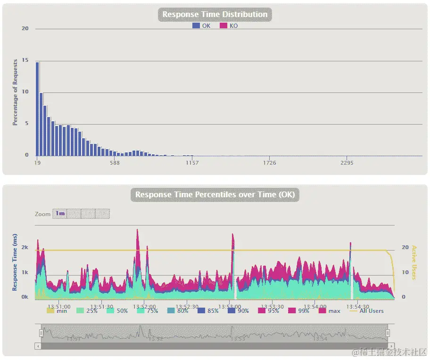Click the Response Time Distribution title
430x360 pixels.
(x=215, y=15)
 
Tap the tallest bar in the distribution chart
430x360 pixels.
(x=37, y=109)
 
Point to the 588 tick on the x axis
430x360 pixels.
(x=114, y=163)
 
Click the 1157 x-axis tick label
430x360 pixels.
(x=192, y=163)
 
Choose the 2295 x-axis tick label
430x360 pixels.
(x=347, y=163)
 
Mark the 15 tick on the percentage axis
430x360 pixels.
(x=25, y=60)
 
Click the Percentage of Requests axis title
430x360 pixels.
(x=15, y=92)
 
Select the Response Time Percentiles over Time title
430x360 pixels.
(x=215, y=195)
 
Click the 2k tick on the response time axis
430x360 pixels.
(x=25, y=247)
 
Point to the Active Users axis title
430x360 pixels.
(x=414, y=262)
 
